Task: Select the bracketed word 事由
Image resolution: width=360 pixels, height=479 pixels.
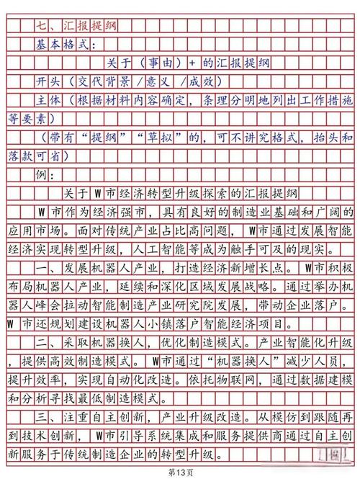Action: (x=158, y=63)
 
